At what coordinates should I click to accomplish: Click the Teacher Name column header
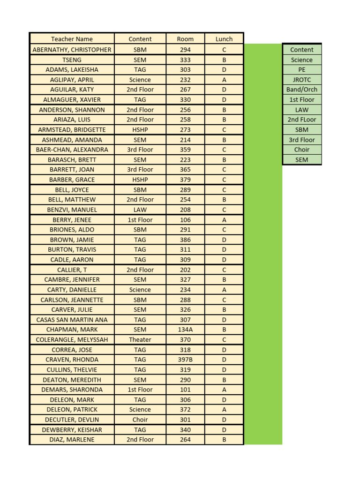[x=72, y=39]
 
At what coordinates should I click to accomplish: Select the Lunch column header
[x=224, y=39]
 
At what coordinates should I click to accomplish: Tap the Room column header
[x=185, y=39]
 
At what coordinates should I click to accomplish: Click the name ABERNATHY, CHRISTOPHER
[x=72, y=50]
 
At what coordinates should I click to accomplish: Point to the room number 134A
[x=185, y=330]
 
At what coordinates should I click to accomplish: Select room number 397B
[x=185, y=360]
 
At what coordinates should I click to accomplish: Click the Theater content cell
[x=140, y=339]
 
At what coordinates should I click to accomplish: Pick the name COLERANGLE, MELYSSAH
[x=72, y=339]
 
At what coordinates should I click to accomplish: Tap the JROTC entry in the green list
[x=302, y=80]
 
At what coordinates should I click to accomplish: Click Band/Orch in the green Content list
[x=302, y=90]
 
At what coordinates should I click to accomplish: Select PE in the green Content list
[x=302, y=69]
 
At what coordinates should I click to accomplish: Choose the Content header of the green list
[x=302, y=50]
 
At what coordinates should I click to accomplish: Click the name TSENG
[x=72, y=60]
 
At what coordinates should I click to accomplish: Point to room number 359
[x=185, y=150]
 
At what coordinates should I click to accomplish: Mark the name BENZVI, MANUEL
[x=72, y=210]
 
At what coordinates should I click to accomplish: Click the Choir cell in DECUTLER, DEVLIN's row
[x=140, y=420]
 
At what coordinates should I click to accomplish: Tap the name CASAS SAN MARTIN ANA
[x=72, y=320]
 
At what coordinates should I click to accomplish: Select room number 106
[x=185, y=220]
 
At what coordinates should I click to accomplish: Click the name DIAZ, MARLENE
[x=72, y=440]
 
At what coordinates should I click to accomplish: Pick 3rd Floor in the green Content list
[x=302, y=140]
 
